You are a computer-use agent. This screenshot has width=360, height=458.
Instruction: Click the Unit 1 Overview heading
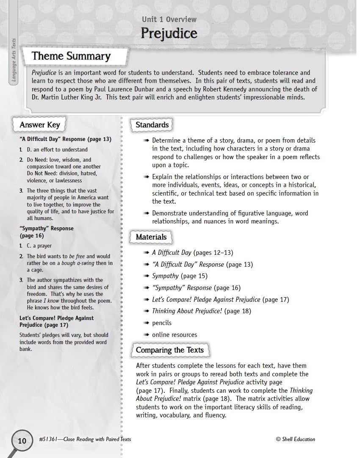169,19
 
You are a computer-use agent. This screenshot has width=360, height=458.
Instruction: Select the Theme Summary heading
71,56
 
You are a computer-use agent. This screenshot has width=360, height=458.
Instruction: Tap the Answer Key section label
40,125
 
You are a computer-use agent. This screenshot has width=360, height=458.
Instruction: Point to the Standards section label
152,125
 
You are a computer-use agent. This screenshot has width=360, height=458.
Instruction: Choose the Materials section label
151,237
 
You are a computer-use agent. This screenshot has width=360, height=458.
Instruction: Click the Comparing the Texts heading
169,350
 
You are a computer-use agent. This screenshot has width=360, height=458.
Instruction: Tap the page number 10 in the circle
22,441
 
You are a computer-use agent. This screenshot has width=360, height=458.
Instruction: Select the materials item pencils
162,323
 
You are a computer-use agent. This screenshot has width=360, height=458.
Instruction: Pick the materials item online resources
174,335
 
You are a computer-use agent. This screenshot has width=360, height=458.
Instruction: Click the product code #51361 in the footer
47,439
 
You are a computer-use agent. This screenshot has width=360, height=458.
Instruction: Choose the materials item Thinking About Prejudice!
187,311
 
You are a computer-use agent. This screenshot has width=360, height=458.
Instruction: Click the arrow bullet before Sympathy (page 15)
146,276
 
